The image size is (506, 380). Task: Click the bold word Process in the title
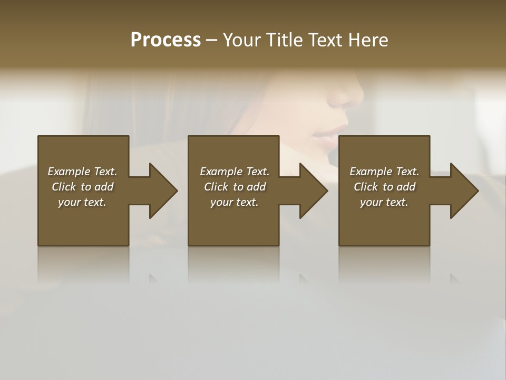[166, 40]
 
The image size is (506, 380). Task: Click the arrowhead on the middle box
[313, 191]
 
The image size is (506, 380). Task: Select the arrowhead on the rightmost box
[463, 191]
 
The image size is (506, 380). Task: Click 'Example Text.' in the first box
[82, 172]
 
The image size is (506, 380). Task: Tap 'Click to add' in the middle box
[235, 187]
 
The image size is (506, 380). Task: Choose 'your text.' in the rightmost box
[384, 202]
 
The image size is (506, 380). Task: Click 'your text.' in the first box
[82, 202]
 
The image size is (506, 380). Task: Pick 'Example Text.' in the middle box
[235, 172]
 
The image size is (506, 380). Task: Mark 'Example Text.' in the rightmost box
[384, 172]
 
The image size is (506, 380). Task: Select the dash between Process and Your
[211, 40]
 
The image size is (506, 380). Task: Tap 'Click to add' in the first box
[82, 187]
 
